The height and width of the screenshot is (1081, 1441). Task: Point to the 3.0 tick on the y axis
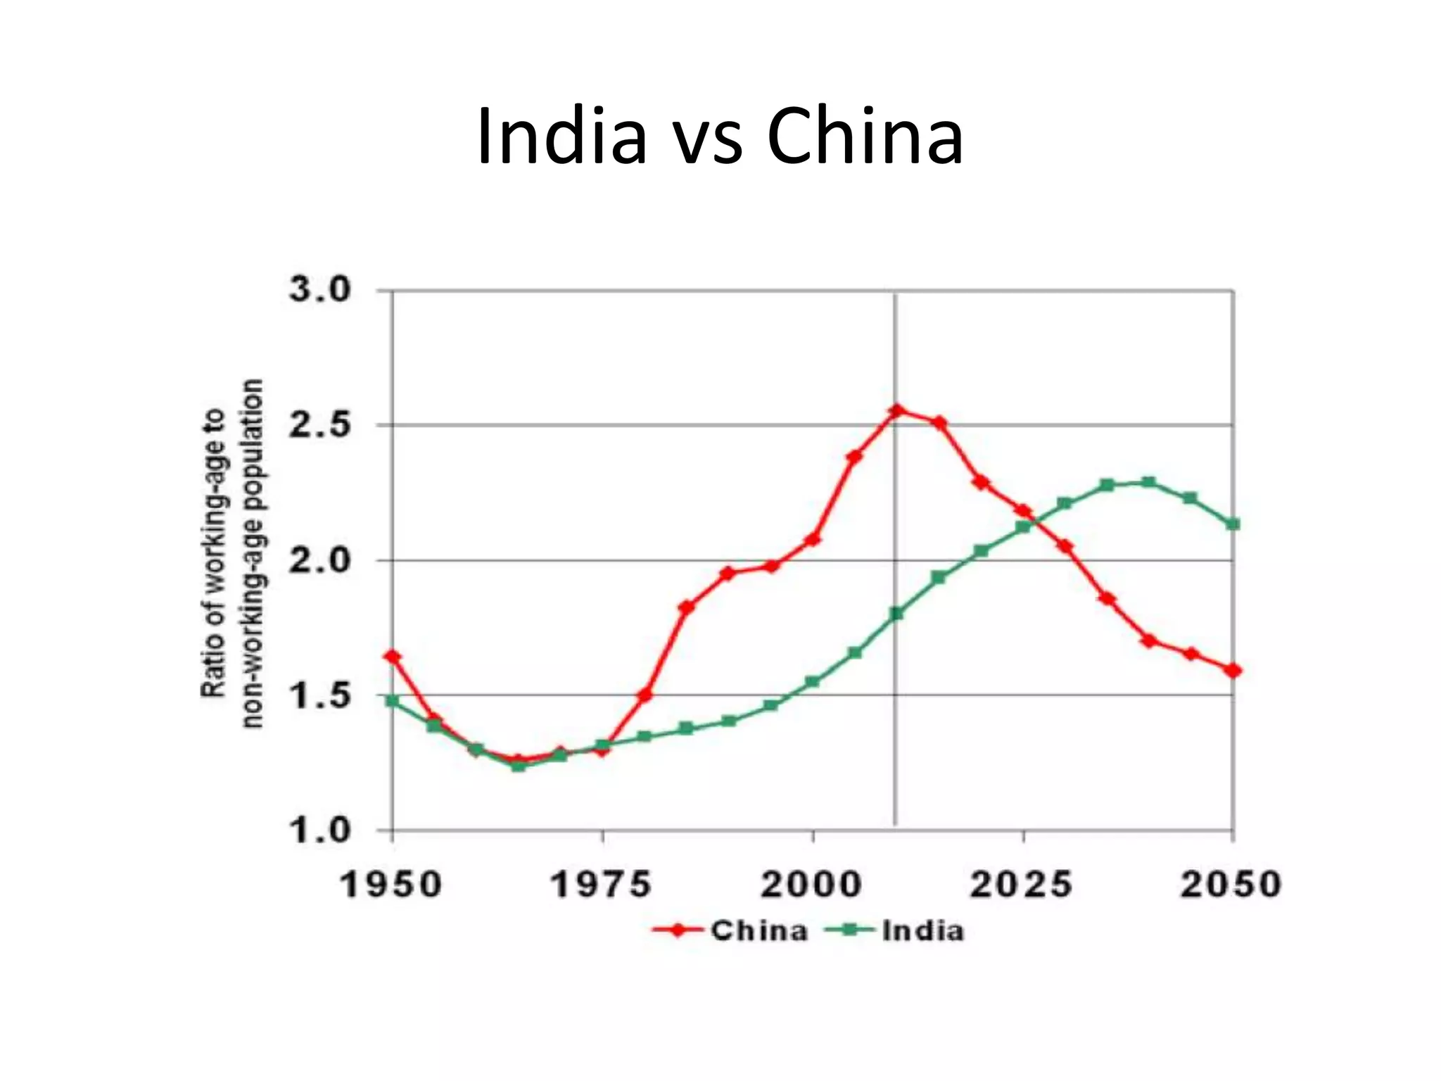(319, 290)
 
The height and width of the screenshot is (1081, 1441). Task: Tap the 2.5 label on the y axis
(319, 425)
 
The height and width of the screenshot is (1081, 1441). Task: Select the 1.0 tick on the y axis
(319, 831)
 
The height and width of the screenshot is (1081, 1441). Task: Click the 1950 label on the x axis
(391, 885)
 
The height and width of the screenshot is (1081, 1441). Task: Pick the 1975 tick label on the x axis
(601, 885)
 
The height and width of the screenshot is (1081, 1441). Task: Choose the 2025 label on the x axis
(1022, 885)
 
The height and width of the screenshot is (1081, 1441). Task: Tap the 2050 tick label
(1231, 885)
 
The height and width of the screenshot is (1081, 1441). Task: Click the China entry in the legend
(758, 931)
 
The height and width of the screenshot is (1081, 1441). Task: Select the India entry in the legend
(922, 931)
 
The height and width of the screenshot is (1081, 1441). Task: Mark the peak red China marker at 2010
(896, 410)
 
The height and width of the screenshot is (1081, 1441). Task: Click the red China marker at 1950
(393, 657)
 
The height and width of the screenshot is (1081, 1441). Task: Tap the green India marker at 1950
(393, 701)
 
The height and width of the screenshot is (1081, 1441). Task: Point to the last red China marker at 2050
(1233, 671)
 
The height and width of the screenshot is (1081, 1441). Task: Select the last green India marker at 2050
(1233, 524)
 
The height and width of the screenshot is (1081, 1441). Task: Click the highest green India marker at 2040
(1148, 482)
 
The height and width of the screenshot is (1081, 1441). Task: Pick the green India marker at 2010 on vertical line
(896, 614)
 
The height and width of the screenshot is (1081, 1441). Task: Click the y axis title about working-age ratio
(231, 553)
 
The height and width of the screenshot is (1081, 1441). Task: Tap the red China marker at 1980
(645, 695)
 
